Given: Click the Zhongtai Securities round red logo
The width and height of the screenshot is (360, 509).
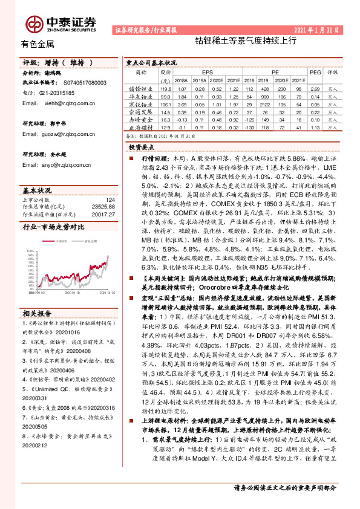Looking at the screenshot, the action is coord(34,24).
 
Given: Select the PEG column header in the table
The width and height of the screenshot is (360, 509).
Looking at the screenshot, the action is coord(315,71).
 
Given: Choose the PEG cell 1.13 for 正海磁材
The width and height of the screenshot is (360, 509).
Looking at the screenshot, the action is coord(315,128).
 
